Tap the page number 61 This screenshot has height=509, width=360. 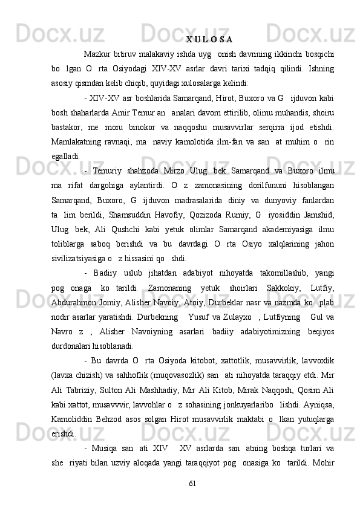(x=192, y=501)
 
